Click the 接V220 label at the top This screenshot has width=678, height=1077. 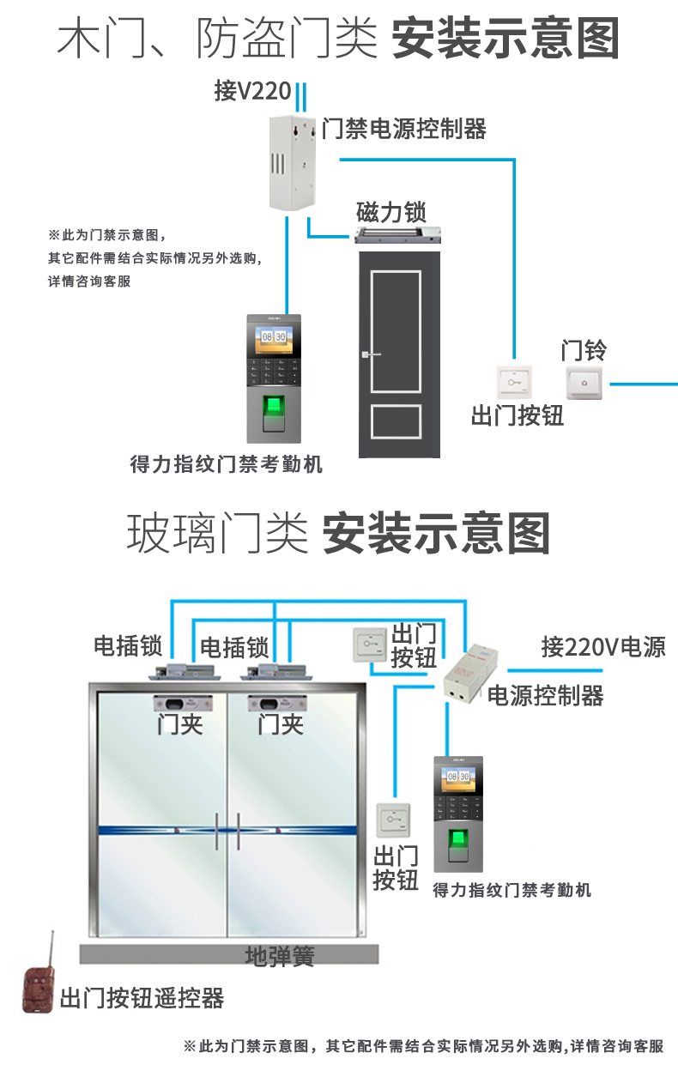pos(252,91)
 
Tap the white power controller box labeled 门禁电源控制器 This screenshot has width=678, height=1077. pos(292,163)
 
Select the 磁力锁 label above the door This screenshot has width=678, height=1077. pos(390,211)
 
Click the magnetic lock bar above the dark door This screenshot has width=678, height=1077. pos(400,234)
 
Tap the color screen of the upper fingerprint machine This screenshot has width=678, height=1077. pos(274,336)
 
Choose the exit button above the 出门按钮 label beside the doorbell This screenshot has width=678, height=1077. pos(514,380)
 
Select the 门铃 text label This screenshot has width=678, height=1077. pos(584,350)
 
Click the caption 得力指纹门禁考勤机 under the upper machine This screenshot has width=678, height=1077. pos(226,464)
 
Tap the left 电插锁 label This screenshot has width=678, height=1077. pos(129,646)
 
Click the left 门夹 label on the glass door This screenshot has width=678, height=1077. pos(179,724)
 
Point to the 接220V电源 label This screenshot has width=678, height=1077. pos(602,647)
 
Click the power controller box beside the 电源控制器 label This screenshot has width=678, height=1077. pos(468,672)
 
